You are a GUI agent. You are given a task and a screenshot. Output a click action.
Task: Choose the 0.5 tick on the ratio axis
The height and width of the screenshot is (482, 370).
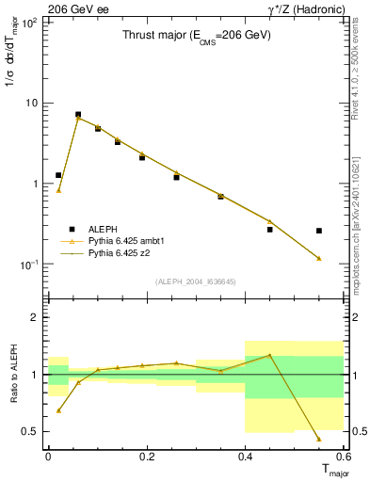(x=32, y=431)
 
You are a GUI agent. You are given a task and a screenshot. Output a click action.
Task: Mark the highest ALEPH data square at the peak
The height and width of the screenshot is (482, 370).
(x=78, y=114)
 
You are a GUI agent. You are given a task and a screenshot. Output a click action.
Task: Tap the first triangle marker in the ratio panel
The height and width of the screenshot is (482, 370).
(x=58, y=410)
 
